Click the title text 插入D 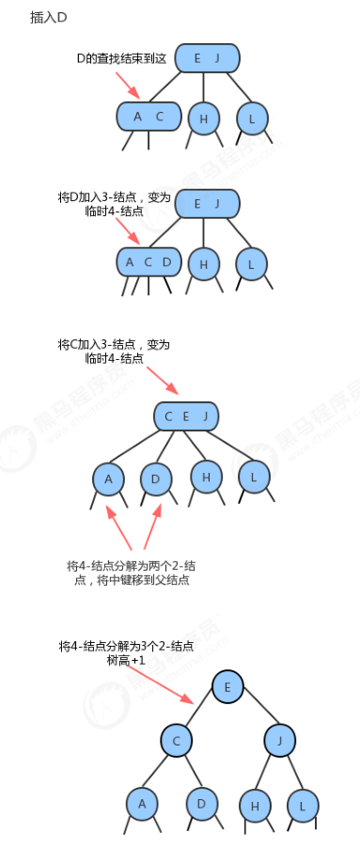(48, 18)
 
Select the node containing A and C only (149, 117)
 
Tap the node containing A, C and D (149, 262)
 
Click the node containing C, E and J (186, 416)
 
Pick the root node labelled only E (227, 687)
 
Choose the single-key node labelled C (176, 741)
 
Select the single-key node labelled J (280, 741)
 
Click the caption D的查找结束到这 (121, 59)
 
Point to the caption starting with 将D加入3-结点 (114, 204)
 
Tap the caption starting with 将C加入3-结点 (114, 352)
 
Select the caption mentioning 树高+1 (126, 652)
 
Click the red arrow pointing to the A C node (129, 85)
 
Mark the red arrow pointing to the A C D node (128, 231)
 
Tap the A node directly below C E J (108, 478)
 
